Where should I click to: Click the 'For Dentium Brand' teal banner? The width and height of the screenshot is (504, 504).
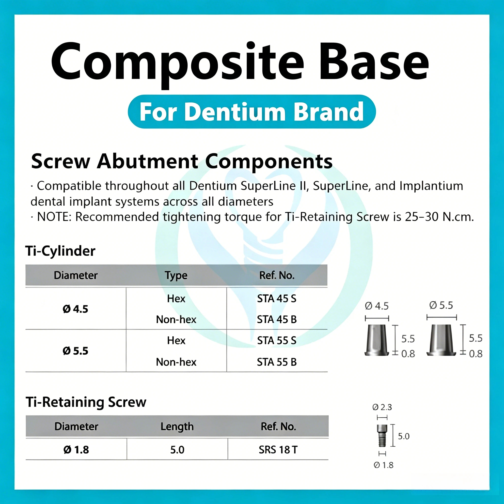[252, 111]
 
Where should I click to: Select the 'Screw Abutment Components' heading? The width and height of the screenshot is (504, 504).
[182, 161]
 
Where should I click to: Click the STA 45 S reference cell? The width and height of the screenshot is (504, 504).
[277, 299]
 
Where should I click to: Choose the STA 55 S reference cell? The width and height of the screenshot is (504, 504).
[277, 340]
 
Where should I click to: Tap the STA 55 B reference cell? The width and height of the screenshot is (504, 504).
[277, 362]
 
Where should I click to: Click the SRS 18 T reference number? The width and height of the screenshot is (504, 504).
[278, 450]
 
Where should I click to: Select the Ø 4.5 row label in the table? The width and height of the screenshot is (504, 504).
[75, 309]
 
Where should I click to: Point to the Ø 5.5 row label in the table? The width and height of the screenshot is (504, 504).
[75, 351]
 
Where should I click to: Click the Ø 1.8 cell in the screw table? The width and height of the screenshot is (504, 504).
[76, 450]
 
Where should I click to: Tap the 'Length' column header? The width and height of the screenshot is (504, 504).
[177, 427]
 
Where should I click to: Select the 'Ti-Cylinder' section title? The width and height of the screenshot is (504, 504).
[60, 251]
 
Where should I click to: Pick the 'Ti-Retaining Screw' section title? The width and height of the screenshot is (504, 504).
[86, 402]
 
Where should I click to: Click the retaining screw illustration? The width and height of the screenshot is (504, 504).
[382, 436]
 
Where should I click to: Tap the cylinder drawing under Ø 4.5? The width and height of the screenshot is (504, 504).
[377, 340]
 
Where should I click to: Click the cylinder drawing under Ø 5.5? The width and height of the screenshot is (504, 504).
[441, 340]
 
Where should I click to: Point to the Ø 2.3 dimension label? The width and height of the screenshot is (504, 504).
[382, 407]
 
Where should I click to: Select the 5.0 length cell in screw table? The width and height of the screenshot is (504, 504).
[177, 450]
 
